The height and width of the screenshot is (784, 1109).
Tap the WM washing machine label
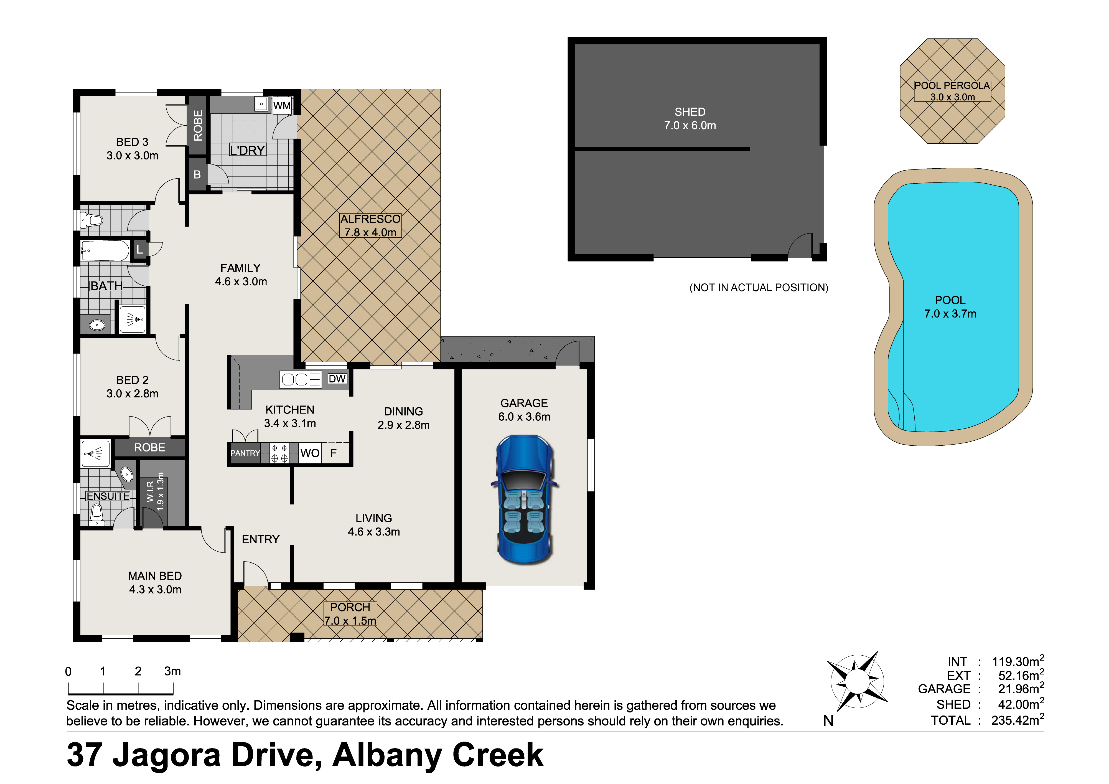[x=282, y=106]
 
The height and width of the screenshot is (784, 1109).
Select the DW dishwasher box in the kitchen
[x=337, y=379]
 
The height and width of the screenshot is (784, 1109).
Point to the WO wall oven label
[x=310, y=453]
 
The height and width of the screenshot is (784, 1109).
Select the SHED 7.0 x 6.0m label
[x=690, y=119]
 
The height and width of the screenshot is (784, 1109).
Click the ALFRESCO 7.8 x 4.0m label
[x=370, y=225]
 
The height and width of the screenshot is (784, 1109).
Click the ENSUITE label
[x=108, y=496]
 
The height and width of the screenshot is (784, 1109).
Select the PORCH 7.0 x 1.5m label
[x=350, y=614]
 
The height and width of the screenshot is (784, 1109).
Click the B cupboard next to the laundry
[x=197, y=174]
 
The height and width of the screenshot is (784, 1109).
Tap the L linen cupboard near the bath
[x=139, y=249]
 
